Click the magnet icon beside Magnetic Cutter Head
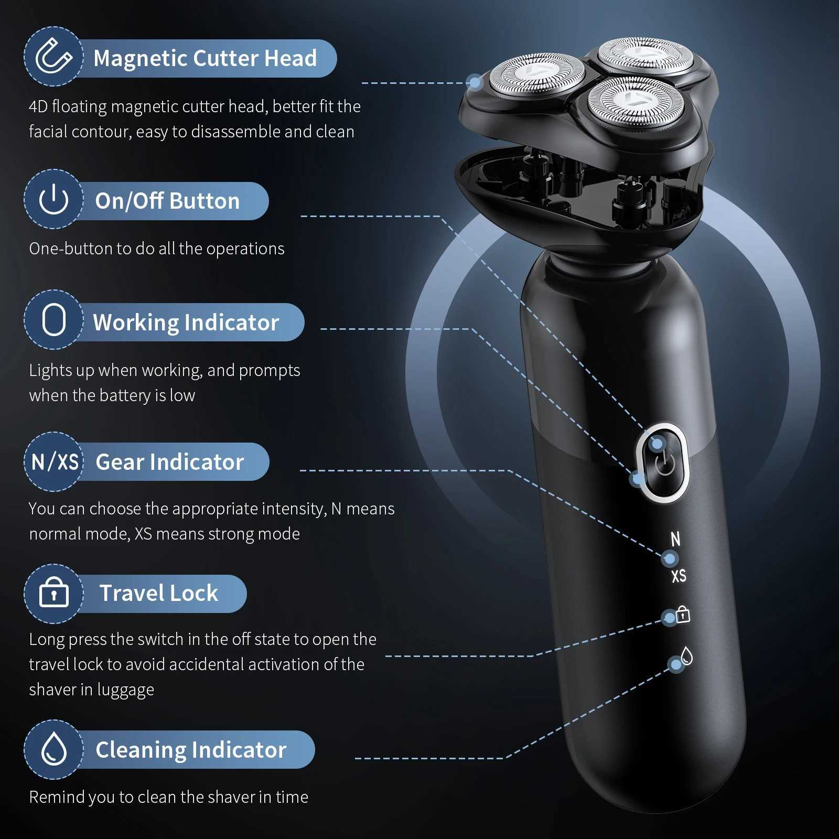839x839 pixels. pyautogui.click(x=53, y=57)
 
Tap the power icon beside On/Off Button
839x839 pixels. pyautogui.click(x=53, y=199)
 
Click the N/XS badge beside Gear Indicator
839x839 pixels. pyautogui.click(x=55, y=462)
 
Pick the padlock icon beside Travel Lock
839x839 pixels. pyautogui.click(x=54, y=593)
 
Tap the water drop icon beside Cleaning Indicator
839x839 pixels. pyautogui.click(x=54, y=749)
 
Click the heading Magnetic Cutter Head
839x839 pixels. pyautogui.click(x=205, y=58)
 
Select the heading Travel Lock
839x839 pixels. pyautogui.click(x=159, y=593)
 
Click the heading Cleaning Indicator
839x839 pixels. pyautogui.click(x=191, y=750)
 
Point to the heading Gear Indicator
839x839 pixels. pyautogui.click(x=170, y=462)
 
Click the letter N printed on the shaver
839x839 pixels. pyautogui.click(x=675, y=539)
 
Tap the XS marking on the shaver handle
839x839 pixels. pyautogui.click(x=679, y=576)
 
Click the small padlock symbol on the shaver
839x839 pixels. pyautogui.click(x=683, y=614)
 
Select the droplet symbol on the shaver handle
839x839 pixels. pyautogui.click(x=686, y=655)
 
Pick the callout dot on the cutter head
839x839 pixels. pyautogui.click(x=475, y=82)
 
